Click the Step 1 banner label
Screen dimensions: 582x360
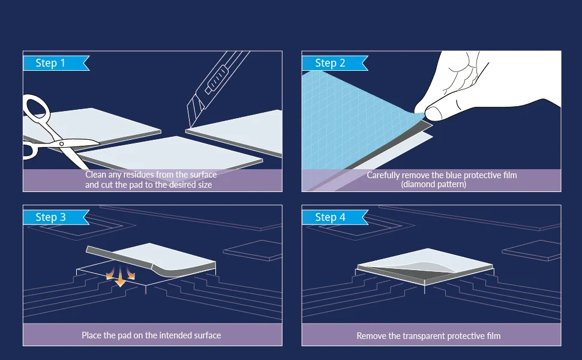pos(56,63)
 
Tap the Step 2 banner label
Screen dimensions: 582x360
pos(335,63)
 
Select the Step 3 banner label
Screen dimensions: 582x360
pos(56,217)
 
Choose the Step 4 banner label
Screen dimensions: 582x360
pos(335,217)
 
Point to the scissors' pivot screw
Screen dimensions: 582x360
pos(61,143)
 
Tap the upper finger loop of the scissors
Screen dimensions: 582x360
pos(37,107)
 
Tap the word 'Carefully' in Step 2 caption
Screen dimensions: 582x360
pos(383,175)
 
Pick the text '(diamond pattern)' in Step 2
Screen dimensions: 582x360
pos(434,184)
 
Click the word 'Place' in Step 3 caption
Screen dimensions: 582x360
pos(92,335)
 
